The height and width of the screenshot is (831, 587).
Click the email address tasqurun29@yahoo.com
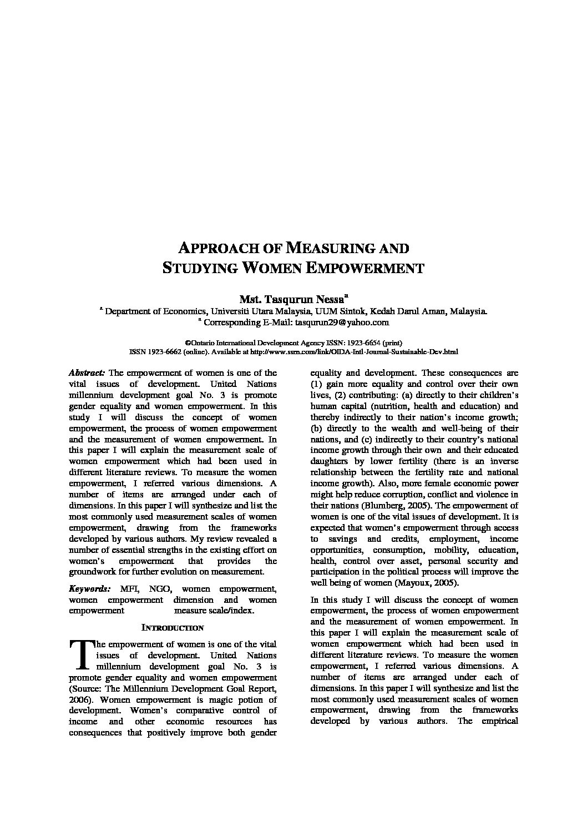(x=342, y=322)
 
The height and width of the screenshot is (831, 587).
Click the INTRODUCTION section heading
(x=173, y=628)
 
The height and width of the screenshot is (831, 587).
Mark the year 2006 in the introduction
(x=78, y=699)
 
